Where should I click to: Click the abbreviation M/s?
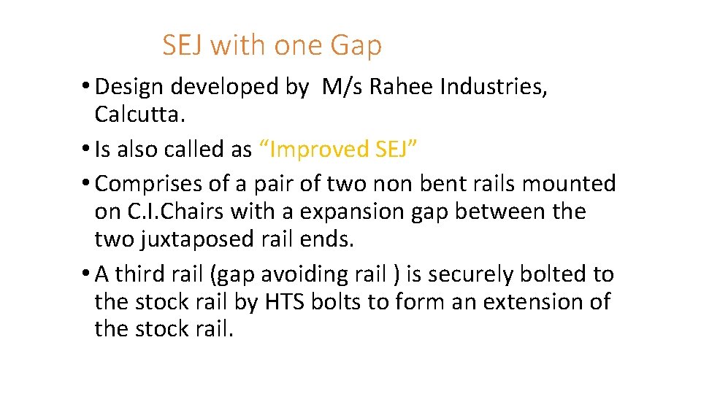tap(343, 87)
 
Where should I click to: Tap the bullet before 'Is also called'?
tap(86, 150)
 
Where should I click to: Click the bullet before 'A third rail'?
tap(86, 274)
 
